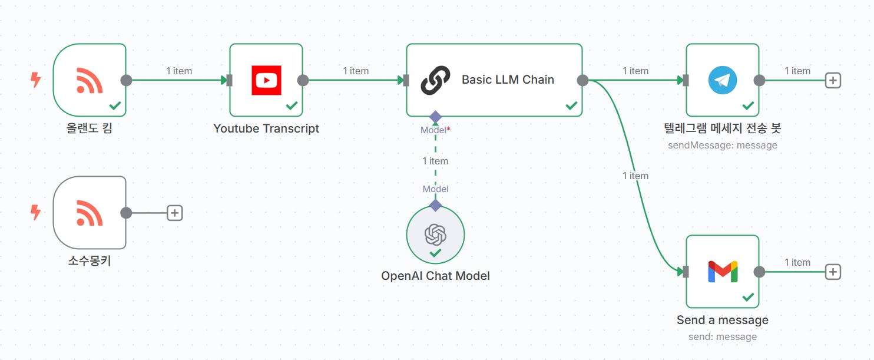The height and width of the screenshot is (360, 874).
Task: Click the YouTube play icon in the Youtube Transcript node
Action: (x=266, y=80)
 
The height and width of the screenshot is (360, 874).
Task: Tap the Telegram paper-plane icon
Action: (x=723, y=80)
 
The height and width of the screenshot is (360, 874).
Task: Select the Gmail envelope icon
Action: (x=723, y=272)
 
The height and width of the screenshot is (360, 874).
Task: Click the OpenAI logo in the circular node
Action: (x=435, y=234)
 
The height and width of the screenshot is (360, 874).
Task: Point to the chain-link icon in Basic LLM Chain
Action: (x=435, y=80)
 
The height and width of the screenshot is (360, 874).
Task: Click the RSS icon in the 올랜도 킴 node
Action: (x=90, y=80)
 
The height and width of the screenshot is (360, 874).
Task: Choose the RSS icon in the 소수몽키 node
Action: (x=90, y=213)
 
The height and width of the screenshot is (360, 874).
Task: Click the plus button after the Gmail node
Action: (x=833, y=272)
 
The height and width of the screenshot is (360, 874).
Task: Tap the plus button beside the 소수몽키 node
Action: (x=174, y=213)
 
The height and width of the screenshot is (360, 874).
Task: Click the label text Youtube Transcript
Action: (x=266, y=128)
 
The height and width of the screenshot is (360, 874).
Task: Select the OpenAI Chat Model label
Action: (x=435, y=276)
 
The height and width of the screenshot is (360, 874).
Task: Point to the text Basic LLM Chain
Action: (x=508, y=80)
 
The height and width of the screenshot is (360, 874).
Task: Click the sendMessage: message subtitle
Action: (x=723, y=145)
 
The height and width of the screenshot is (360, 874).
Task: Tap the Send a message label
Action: (x=723, y=320)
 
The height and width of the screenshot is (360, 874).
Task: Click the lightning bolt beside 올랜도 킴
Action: (x=36, y=80)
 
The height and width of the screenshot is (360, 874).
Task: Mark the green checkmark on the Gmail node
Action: (x=748, y=297)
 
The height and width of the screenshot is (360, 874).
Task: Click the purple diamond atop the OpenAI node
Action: (x=435, y=205)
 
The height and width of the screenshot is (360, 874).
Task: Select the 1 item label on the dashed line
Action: (x=435, y=161)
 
